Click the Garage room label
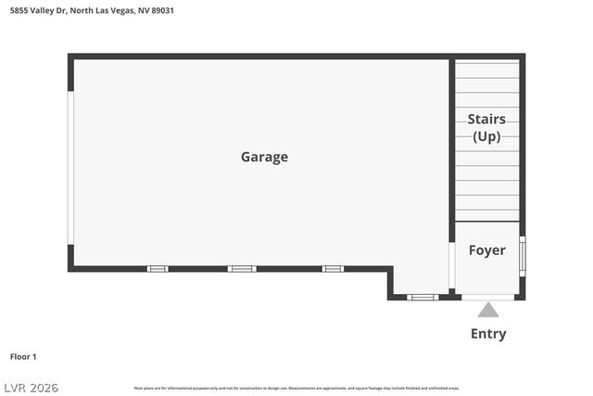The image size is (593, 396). tap(264, 157)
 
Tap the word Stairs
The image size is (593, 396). tap(486, 119)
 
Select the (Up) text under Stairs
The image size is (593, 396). tap(486, 136)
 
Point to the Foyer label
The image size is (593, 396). tap(486, 250)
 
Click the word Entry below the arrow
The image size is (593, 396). tap(488, 334)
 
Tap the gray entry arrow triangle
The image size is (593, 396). tap(488, 311)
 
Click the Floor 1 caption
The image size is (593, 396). tap(23, 356)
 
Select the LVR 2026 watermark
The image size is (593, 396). tap(32, 387)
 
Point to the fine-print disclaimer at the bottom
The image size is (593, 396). tap(296, 388)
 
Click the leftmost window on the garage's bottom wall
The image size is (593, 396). tap(158, 269)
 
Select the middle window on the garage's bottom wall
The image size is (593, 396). tap(242, 269)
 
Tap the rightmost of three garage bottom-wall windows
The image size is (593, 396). tap(333, 269)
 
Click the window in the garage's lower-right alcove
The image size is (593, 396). tap(423, 298)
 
